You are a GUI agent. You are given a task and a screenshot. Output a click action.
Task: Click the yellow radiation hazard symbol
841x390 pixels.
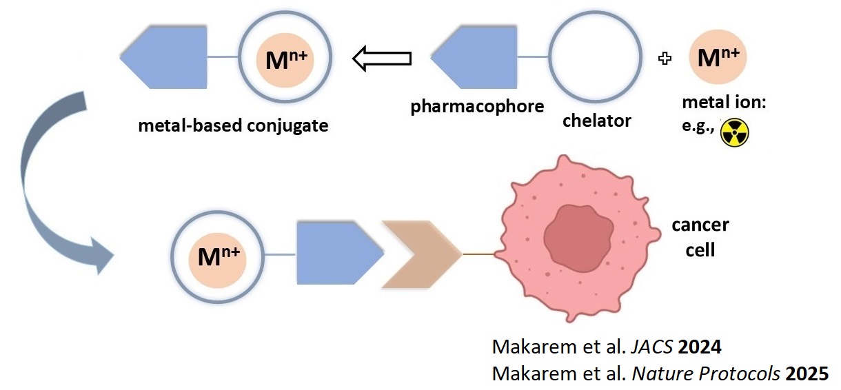734,134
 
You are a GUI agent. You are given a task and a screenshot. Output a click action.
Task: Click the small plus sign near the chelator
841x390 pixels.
665,59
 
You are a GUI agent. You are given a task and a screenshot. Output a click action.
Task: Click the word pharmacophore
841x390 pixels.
477,107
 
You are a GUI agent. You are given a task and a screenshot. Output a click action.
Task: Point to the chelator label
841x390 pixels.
596,121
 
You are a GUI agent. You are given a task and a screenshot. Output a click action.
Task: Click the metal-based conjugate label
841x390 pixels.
233,126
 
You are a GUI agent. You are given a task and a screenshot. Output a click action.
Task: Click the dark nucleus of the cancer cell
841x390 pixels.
580,239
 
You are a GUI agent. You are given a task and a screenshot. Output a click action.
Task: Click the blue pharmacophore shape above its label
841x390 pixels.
478,59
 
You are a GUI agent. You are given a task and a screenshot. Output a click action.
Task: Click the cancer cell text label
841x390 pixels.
700,236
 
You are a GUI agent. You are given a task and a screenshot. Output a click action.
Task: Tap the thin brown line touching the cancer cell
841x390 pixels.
478,255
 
